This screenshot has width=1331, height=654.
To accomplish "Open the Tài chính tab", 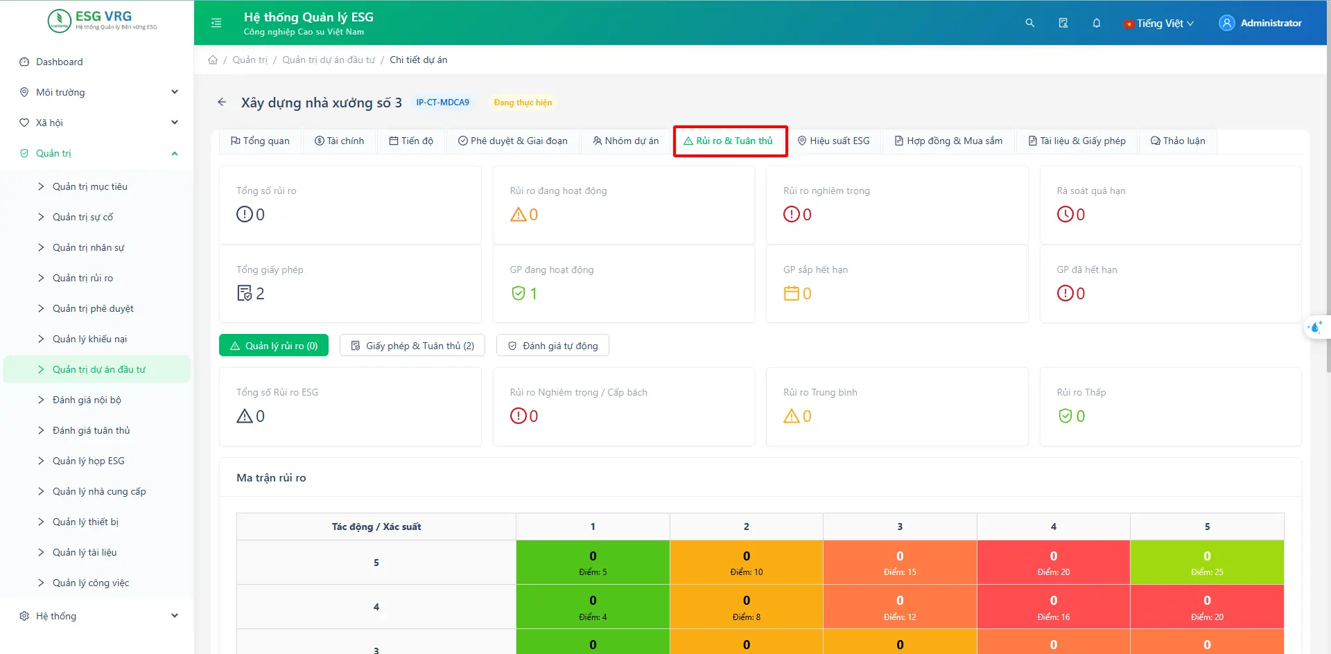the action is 339,141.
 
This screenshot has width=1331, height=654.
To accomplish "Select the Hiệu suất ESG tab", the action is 833,141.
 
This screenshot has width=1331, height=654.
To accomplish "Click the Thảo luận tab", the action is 1178,141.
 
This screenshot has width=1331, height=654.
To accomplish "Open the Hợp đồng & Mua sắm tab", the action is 948,141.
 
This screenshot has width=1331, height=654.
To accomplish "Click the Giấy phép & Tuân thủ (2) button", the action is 412,346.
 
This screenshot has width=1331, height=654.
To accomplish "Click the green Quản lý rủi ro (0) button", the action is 274,346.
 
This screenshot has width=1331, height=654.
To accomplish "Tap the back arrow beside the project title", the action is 222,103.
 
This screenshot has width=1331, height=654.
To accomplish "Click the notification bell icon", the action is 1097,23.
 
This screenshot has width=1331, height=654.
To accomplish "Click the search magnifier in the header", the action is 1030,23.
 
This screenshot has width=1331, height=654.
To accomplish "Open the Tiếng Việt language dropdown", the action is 1159,24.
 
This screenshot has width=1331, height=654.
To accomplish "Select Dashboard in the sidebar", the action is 59,62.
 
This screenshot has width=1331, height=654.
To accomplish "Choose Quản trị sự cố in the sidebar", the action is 82,217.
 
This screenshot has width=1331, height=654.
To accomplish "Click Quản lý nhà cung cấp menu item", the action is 99,491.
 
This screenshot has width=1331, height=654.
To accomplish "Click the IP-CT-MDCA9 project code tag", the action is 442,103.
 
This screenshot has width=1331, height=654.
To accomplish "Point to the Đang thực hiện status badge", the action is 523,103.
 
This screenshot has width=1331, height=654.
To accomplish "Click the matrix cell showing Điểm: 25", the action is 1207,563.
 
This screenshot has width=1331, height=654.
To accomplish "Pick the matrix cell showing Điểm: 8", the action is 746,607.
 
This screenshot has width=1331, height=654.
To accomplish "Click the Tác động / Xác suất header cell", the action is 376,527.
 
